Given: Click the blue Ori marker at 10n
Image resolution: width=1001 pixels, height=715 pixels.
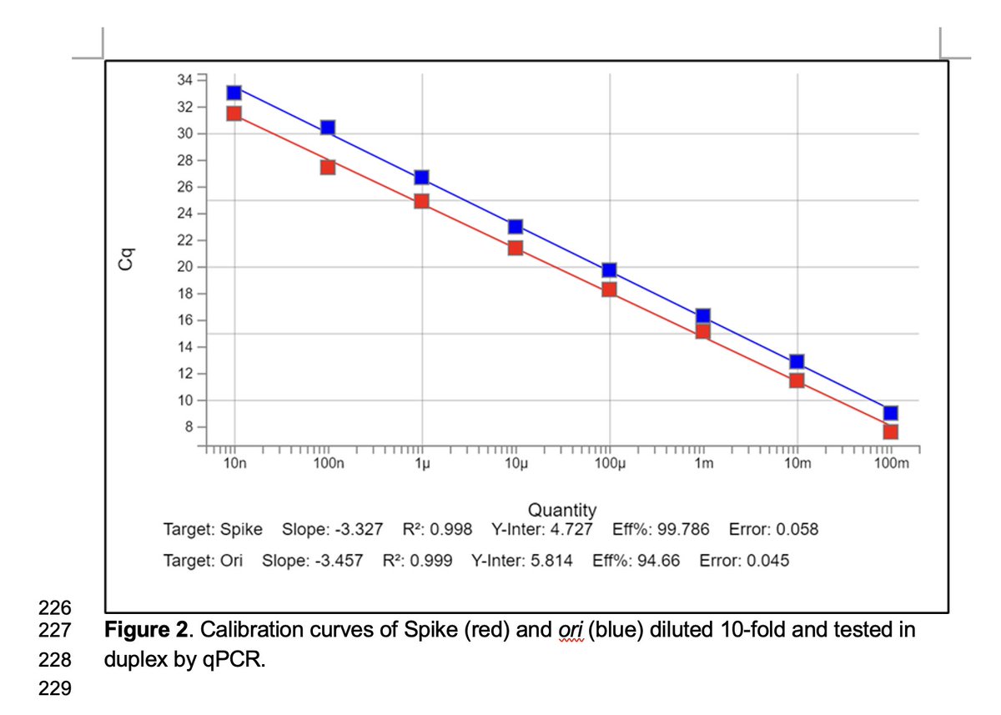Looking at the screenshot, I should click(x=234, y=93).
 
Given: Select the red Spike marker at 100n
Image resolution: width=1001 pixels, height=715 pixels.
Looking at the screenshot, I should click(x=328, y=167).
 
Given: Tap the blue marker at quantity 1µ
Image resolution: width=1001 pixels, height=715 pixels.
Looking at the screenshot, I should click(x=421, y=177).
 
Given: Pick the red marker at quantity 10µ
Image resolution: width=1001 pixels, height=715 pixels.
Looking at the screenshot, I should click(x=516, y=247).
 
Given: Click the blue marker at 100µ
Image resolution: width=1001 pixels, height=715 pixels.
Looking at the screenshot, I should click(x=609, y=269).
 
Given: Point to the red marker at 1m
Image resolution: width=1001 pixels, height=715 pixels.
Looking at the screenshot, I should click(x=703, y=331).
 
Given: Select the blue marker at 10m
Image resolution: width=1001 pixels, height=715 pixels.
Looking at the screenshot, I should click(x=797, y=361).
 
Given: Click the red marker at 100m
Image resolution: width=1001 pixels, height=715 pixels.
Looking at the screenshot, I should click(x=891, y=431).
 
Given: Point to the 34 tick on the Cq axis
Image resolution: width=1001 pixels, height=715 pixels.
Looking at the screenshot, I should click(x=184, y=79).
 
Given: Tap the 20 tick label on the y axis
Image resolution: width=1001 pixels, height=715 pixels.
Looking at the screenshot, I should click(x=184, y=267).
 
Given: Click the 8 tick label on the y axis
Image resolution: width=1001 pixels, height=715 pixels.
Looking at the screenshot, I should click(x=188, y=427).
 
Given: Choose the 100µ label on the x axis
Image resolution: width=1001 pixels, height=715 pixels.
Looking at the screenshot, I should click(x=609, y=464).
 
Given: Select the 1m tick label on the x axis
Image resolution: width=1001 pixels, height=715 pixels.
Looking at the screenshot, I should click(x=703, y=464).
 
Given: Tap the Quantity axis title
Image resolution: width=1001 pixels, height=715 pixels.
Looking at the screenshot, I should click(x=561, y=510).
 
